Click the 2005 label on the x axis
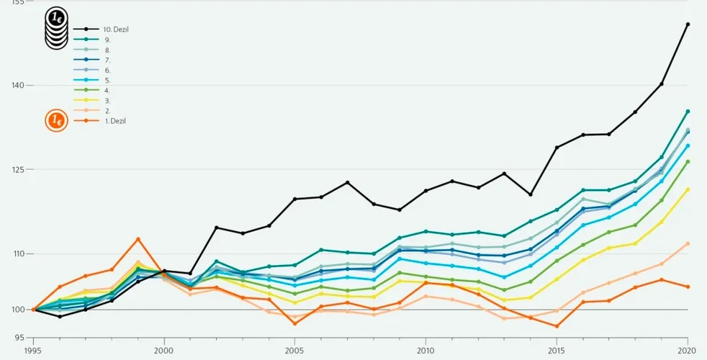point(294,350)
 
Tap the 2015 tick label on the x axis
point(557,350)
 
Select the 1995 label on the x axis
point(33,350)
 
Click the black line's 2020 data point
point(688,24)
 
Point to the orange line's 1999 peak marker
point(138,239)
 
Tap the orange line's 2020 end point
point(688,287)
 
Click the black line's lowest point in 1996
point(60,316)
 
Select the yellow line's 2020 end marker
point(688,189)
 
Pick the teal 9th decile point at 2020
point(688,112)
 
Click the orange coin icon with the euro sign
point(55,120)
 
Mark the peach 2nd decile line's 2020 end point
point(688,243)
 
